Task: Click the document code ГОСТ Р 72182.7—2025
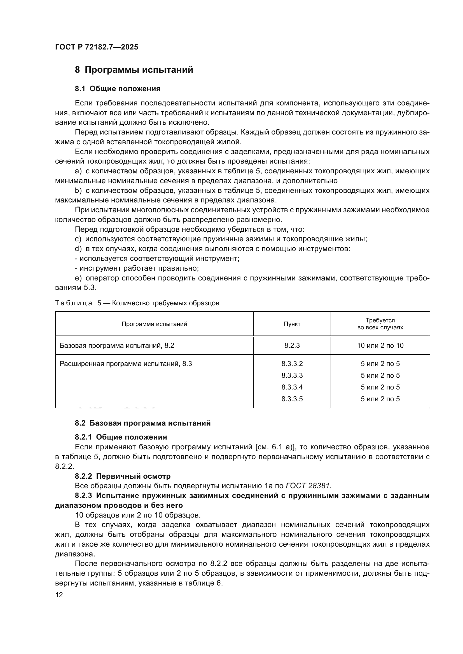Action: click(x=97, y=47)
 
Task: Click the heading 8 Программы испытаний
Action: click(x=134, y=70)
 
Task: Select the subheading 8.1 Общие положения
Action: click(x=118, y=89)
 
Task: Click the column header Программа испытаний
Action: click(x=154, y=324)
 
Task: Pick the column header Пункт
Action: click(x=292, y=324)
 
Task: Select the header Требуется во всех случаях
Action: click(x=380, y=324)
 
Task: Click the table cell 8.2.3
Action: click(x=292, y=346)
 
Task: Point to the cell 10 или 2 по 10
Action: click(x=380, y=346)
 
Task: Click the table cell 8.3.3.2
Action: click(x=292, y=364)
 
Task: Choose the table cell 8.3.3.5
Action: click(x=292, y=399)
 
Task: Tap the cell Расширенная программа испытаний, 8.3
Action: click(x=126, y=364)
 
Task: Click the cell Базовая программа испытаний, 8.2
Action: click(x=117, y=346)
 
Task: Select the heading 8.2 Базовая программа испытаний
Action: click(x=142, y=423)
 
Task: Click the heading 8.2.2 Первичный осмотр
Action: click(x=123, y=476)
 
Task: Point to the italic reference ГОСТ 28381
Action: click(x=308, y=486)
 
